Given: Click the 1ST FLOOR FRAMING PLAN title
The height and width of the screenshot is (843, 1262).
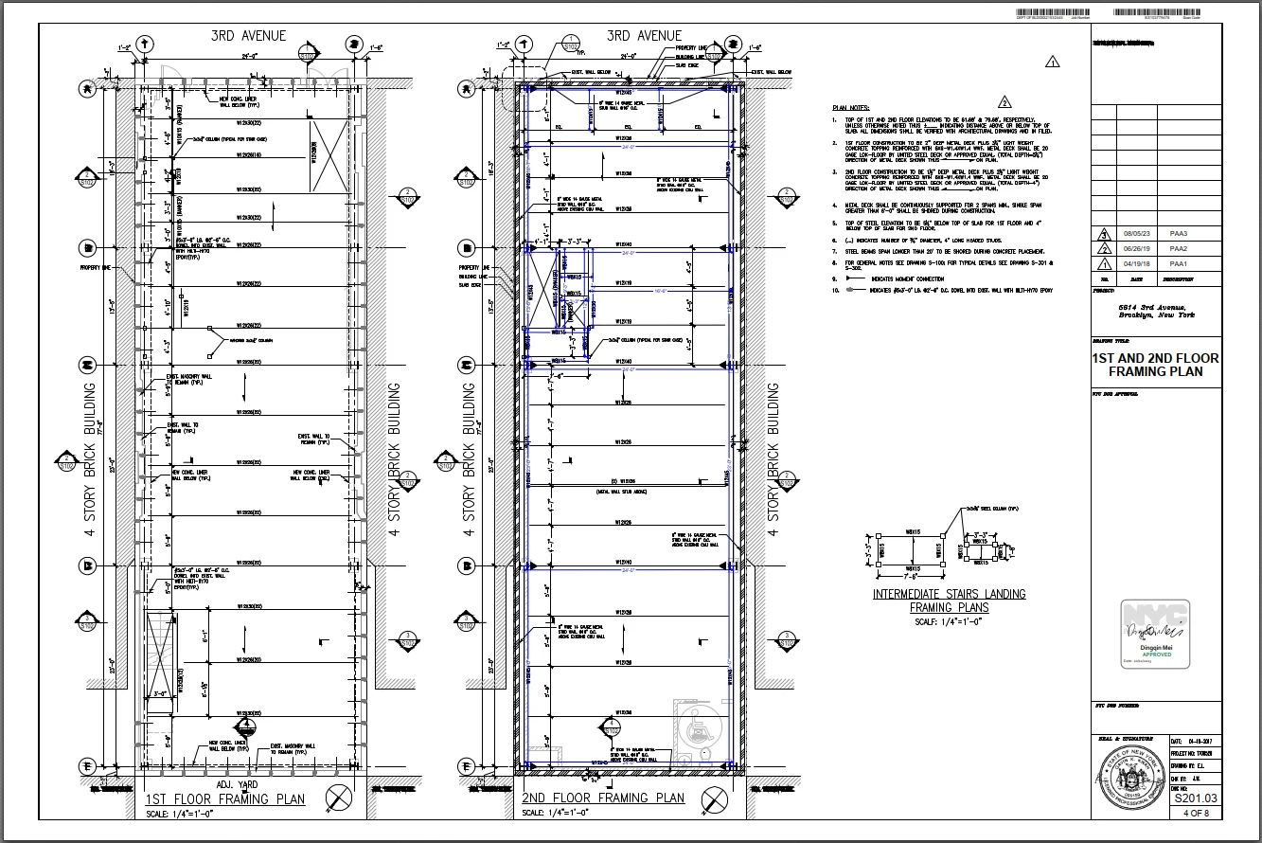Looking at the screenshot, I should tap(225, 798).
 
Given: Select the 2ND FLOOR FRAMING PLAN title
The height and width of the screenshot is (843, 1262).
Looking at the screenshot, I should tap(603, 798).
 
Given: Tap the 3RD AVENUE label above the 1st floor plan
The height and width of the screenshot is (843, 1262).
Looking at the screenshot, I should tap(247, 36).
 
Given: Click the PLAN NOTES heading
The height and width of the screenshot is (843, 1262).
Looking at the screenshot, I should tap(850, 108).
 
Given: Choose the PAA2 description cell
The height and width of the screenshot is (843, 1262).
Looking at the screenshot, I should tap(1178, 248).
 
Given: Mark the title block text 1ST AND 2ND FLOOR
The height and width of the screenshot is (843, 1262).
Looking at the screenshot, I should tap(1155, 359).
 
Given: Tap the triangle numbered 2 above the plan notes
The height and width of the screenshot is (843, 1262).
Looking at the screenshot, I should tap(1004, 102).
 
